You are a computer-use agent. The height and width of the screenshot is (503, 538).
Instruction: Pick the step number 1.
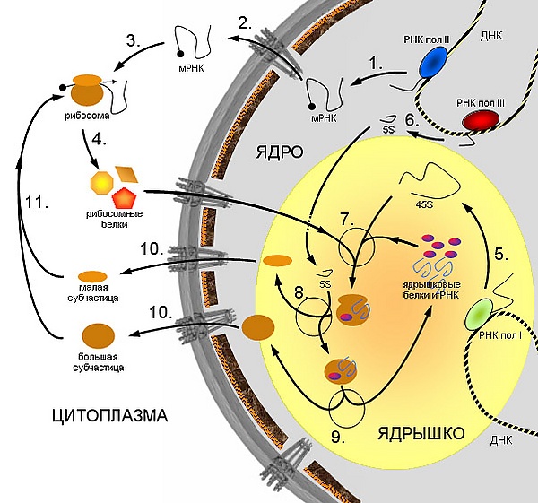[377, 65]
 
